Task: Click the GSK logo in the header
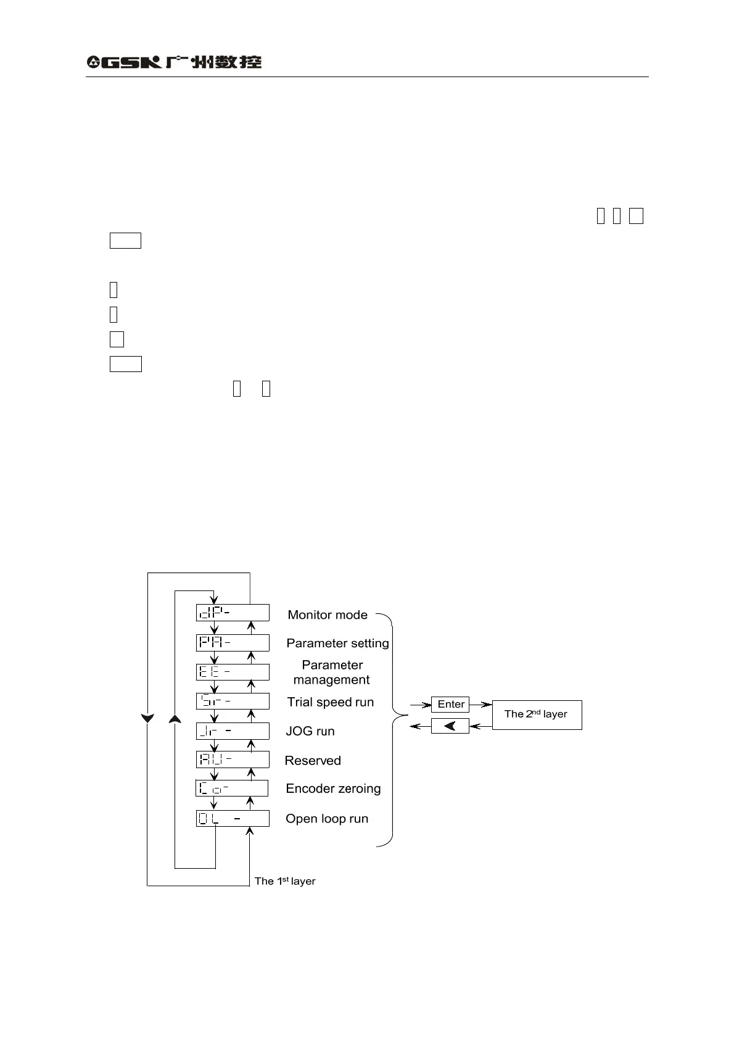(174, 62)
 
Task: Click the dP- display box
(233, 613)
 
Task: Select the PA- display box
(233, 642)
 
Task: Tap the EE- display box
(233, 671)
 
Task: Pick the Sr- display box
(233, 701)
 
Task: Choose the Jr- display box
(233, 731)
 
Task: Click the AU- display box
(233, 759)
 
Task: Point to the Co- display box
(232, 789)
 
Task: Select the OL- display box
(233, 819)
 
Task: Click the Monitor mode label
(328, 615)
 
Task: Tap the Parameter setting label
(337, 644)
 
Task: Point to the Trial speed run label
(330, 702)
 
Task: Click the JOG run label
(310, 732)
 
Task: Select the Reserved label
(313, 761)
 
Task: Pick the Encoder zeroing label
(333, 789)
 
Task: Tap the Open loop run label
(327, 819)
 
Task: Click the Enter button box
(450, 704)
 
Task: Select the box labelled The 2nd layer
(537, 714)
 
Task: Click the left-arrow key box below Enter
(450, 726)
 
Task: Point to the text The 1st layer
(285, 881)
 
